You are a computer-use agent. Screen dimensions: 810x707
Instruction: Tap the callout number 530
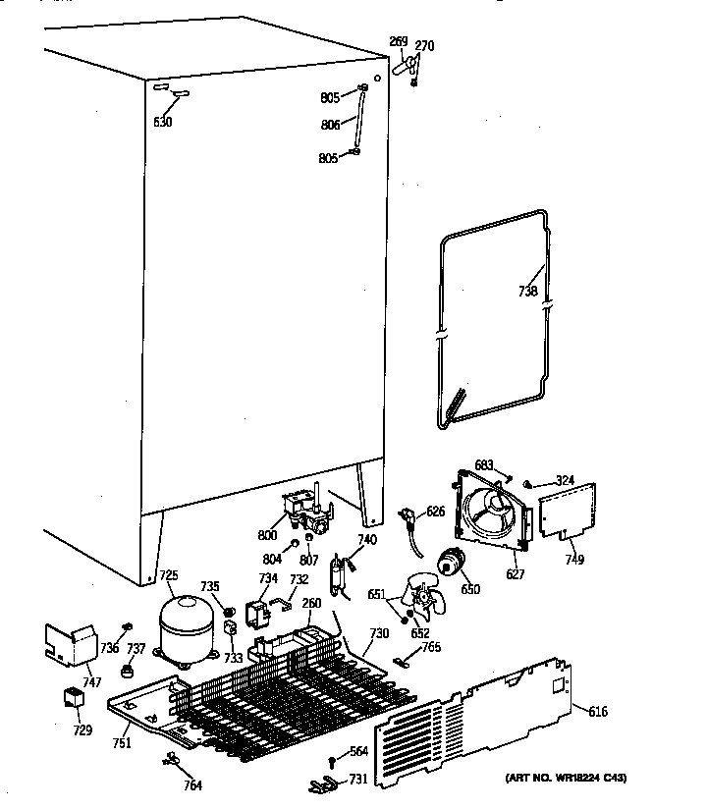[x=163, y=122]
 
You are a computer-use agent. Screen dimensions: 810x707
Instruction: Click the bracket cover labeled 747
[x=72, y=642]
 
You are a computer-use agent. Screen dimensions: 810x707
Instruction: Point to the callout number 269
[x=398, y=41]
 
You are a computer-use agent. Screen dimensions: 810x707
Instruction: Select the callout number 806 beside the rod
[x=329, y=125]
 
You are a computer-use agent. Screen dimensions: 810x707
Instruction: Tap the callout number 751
[x=121, y=743]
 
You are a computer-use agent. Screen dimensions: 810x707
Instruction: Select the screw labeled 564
[x=333, y=761]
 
